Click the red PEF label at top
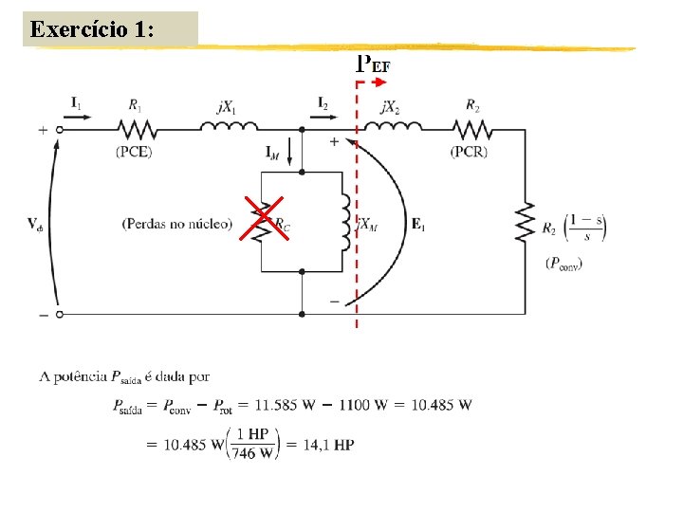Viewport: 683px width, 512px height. point(373,64)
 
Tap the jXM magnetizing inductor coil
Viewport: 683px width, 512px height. point(347,223)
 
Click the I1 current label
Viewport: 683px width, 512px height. point(76,102)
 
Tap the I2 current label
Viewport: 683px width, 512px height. point(323,102)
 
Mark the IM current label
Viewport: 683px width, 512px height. point(273,151)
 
